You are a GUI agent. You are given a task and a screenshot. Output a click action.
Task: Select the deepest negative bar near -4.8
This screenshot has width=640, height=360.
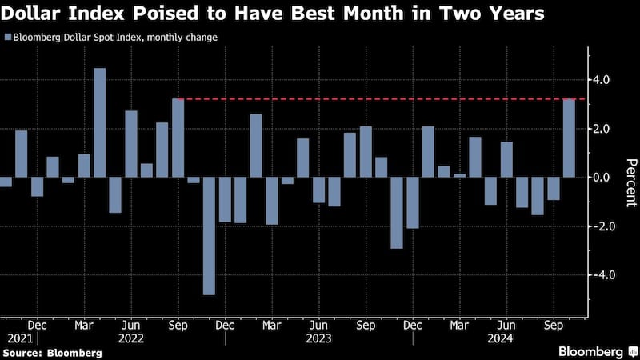pos(209,236)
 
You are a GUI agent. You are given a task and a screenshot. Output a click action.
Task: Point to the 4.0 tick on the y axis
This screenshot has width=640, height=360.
pos(601,80)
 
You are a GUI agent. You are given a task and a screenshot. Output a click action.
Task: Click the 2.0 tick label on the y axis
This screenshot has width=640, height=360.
pos(601,129)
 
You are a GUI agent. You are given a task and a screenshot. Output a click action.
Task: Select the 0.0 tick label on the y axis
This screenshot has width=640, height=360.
pos(601,178)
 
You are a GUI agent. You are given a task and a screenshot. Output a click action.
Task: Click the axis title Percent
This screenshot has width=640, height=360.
pos(630,182)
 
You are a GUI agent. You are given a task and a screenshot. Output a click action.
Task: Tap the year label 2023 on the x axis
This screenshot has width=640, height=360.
pos(318,338)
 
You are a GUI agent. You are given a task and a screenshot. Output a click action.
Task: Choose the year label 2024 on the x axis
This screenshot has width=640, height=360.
pos(506,338)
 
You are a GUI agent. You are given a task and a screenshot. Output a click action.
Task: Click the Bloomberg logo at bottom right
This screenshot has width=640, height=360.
pos(593,351)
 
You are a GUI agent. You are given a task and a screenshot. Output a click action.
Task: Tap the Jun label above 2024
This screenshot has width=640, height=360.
pos(506,326)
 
